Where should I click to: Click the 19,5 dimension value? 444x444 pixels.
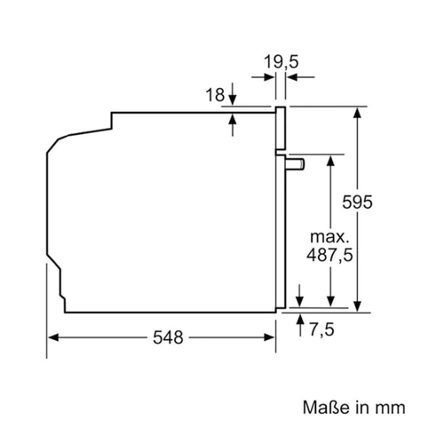[x=281, y=62]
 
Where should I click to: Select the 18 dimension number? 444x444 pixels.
[x=215, y=95]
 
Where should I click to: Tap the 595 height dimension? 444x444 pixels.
[x=357, y=202]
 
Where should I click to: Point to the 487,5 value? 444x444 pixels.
[x=329, y=255]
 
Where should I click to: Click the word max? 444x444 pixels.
[x=329, y=237]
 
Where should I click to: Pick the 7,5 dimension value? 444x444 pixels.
[x=321, y=329]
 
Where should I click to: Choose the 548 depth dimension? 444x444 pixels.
[x=168, y=337]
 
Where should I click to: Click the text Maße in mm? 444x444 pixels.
[x=354, y=408]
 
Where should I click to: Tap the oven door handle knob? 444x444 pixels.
[x=296, y=164]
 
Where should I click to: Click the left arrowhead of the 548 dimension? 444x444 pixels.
[x=53, y=337]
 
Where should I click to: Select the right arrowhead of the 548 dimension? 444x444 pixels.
[x=269, y=337]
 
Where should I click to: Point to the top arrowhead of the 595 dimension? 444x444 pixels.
[x=358, y=113]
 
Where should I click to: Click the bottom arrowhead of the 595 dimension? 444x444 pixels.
[x=358, y=306]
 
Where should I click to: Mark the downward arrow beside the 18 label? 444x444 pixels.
[x=233, y=94]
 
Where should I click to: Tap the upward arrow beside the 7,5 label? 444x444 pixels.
[x=300, y=326]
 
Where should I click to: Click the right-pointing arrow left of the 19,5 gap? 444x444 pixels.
[x=263, y=78]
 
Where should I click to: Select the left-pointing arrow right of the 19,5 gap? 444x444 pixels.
[x=301, y=78]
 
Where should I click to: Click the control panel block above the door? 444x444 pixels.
[x=281, y=128]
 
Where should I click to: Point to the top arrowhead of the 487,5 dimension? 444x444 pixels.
[x=331, y=161]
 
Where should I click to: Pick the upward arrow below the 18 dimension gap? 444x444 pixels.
[x=233, y=125]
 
